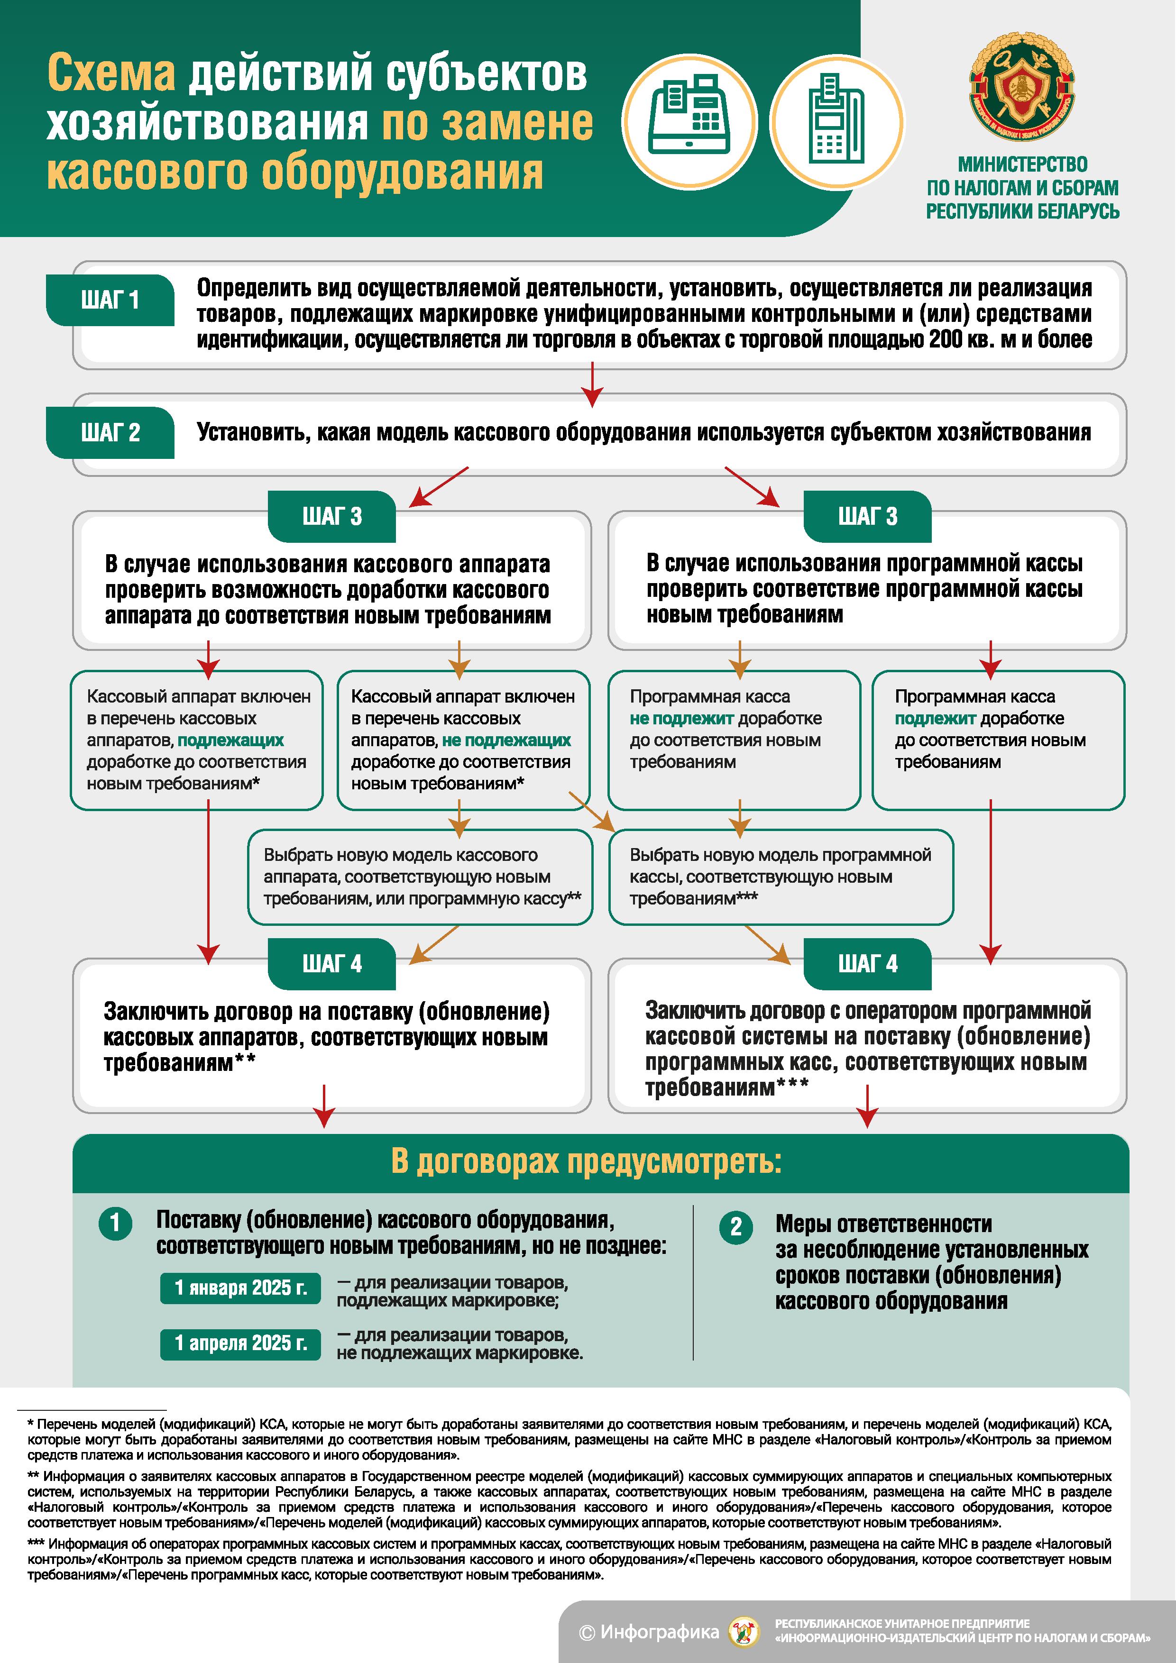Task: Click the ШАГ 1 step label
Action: (110, 300)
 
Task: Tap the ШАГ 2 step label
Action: (110, 432)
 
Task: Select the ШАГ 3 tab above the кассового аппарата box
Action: (332, 516)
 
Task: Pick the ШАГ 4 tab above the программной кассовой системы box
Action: (867, 964)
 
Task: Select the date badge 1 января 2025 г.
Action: (240, 1288)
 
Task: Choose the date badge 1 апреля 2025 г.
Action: (240, 1343)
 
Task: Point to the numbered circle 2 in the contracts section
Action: (735, 1226)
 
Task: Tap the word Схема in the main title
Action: (111, 74)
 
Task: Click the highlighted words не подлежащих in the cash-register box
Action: (506, 740)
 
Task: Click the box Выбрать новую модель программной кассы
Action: (781, 877)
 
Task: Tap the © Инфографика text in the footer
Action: (649, 1632)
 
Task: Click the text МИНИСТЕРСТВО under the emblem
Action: (1022, 164)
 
